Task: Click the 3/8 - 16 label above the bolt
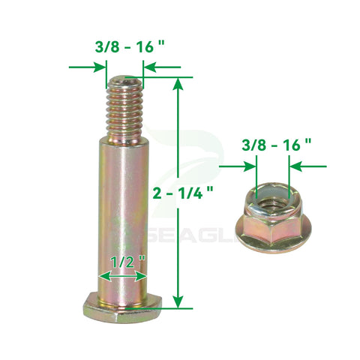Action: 130,46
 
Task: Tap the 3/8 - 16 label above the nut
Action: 277,145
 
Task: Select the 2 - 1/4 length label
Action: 183,193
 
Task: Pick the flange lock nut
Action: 273,217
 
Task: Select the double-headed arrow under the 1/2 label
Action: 123,277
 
